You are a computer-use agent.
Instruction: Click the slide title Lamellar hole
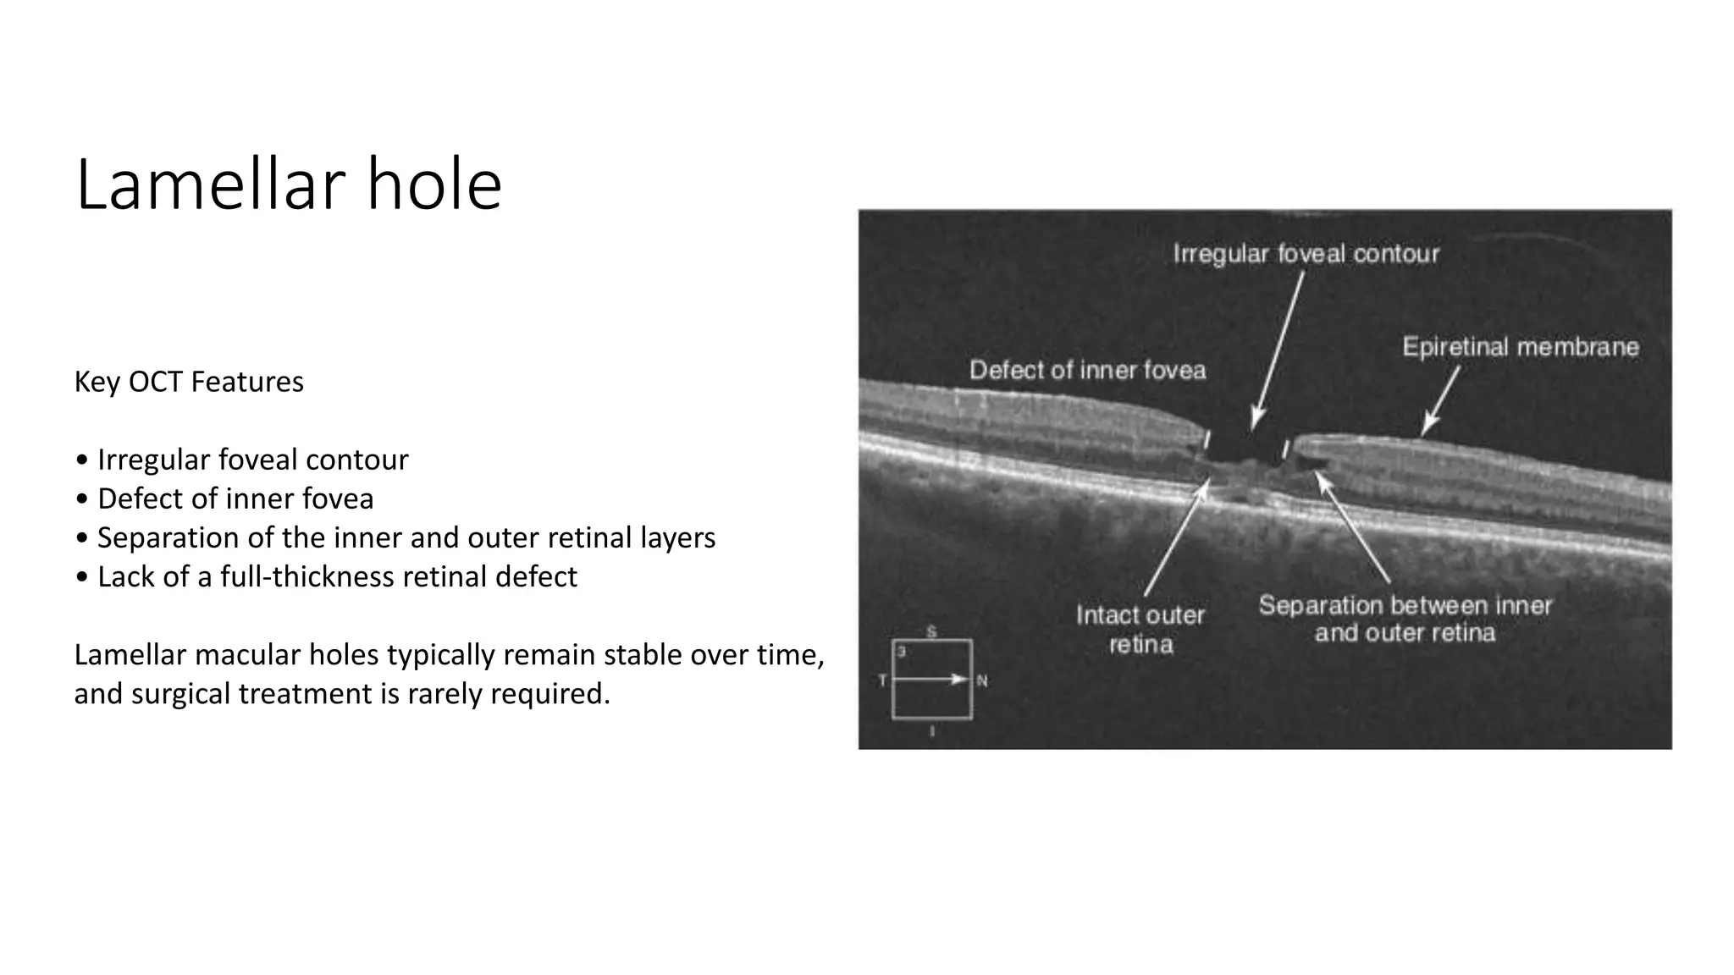click(289, 185)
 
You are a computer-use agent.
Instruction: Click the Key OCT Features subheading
click(189, 382)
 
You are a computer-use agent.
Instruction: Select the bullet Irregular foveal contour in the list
click(252, 460)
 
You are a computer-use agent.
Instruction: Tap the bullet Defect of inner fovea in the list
click(235, 499)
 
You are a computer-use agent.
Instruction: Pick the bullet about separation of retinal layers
click(406, 537)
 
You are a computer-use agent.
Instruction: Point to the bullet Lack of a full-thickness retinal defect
click(337, 576)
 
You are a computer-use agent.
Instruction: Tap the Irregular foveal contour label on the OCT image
click(1306, 254)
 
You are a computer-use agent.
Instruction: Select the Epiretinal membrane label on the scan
click(1521, 347)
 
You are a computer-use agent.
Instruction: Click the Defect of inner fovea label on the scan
click(1087, 370)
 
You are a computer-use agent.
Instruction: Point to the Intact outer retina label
click(1140, 630)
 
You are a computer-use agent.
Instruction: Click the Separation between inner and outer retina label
click(1405, 619)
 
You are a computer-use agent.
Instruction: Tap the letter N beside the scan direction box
click(982, 680)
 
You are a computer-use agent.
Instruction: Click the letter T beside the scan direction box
click(882, 680)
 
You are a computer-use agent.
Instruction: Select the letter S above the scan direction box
click(931, 631)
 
